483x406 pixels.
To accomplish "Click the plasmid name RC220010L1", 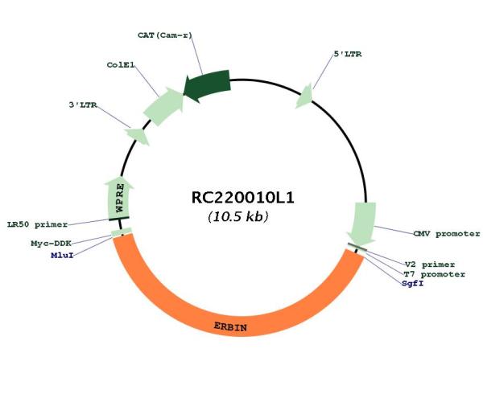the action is click(243, 198).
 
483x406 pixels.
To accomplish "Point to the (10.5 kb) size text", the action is click(237, 217).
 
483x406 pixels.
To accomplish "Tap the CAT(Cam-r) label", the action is click(165, 35).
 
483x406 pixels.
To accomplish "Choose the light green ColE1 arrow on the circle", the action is click(163, 106).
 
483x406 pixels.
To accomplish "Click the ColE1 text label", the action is click(121, 65).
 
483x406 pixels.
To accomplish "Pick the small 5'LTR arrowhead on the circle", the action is click(305, 96).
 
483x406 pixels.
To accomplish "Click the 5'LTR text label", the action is click(348, 54).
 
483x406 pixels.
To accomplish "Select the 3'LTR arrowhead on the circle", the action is click(138, 135).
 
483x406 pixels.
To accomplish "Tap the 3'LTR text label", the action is click(83, 105).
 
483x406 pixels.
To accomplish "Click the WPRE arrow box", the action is click(119, 198).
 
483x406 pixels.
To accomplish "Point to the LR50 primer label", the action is click(37, 224).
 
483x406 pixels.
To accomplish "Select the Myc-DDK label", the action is click(52, 244).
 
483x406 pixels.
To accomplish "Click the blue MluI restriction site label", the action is click(62, 256).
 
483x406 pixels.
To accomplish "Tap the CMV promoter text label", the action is click(447, 234).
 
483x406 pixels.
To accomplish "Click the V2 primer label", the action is click(430, 265).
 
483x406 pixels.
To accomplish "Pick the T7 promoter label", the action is click(435, 274).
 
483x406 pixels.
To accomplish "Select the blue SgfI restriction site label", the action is click(413, 283).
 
